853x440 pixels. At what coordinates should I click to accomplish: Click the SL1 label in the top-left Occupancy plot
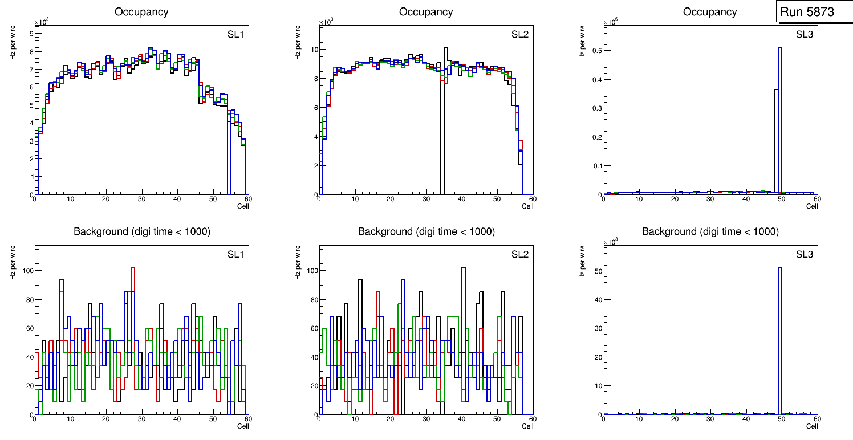pyautogui.click(x=235, y=34)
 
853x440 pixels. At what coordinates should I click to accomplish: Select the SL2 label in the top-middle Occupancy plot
pyautogui.click(x=520, y=34)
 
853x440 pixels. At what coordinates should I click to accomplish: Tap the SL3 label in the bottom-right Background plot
pyautogui.click(x=805, y=254)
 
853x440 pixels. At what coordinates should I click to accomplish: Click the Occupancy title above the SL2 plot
pyautogui.click(x=426, y=12)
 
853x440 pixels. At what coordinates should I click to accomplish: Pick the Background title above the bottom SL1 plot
pyautogui.click(x=141, y=231)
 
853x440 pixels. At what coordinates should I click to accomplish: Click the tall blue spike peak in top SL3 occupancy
pyautogui.click(x=779, y=48)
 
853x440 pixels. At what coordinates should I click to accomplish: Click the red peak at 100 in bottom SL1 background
pyautogui.click(x=133, y=267)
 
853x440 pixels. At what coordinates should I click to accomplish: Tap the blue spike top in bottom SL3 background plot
pyautogui.click(x=779, y=267)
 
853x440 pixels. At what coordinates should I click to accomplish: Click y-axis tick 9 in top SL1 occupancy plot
pyautogui.click(x=30, y=33)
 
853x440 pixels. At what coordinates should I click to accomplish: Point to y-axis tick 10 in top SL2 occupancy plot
pyautogui.click(x=312, y=49)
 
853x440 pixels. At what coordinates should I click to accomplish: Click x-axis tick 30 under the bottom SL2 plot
pyautogui.click(x=425, y=419)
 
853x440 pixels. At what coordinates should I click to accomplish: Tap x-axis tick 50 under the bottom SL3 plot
pyautogui.click(x=781, y=419)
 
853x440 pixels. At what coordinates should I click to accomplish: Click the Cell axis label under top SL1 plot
pyautogui.click(x=243, y=206)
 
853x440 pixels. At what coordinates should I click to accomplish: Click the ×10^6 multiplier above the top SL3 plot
pyautogui.click(x=611, y=22)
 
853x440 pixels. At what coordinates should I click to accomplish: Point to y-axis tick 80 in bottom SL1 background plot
pyautogui.click(x=29, y=299)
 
